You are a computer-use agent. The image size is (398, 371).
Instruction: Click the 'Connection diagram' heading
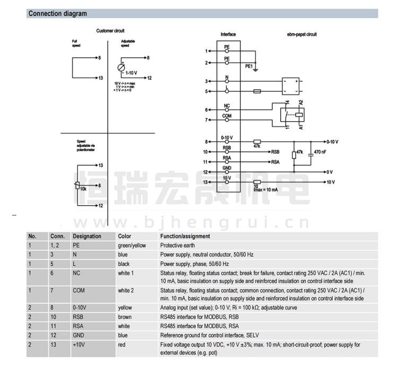[57, 14]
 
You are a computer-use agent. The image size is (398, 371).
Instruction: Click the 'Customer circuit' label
[110, 31]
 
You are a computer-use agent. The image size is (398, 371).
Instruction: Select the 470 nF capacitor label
[321, 152]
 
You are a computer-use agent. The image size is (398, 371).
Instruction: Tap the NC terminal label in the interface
[227, 106]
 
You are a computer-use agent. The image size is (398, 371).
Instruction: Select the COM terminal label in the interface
[227, 116]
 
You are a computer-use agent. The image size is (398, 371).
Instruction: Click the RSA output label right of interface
[275, 162]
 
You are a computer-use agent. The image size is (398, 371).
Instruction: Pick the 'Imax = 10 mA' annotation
[264, 189]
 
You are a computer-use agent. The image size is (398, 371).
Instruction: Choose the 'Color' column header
[124, 237]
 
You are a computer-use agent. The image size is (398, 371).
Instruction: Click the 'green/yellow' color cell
[132, 246]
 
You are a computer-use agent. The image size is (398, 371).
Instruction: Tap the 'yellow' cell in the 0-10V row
[125, 308]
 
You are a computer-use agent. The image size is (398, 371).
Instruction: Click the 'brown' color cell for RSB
[125, 317]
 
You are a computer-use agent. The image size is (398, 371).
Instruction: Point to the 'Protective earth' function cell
[177, 246]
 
